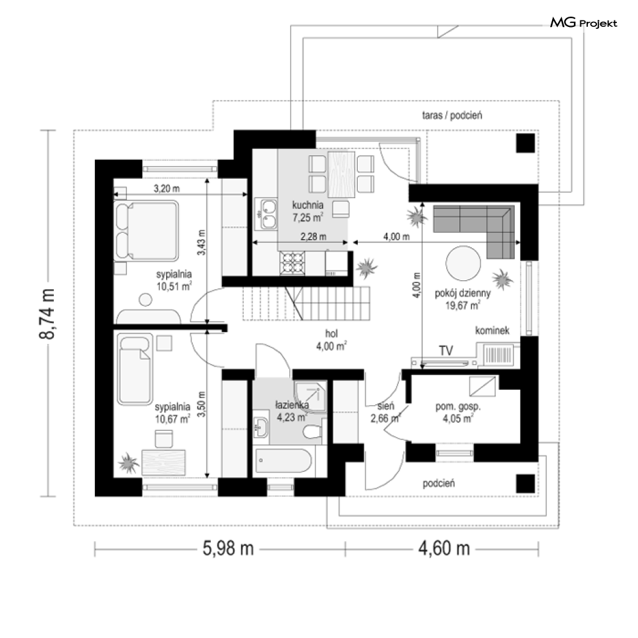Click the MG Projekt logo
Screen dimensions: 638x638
[x=583, y=22]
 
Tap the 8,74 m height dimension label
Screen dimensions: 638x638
[x=47, y=314]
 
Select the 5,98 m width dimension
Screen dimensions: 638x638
[x=228, y=548]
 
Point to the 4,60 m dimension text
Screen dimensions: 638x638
[x=444, y=548]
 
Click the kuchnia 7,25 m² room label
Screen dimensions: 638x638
[x=308, y=211]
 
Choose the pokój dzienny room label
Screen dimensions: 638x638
[x=463, y=299]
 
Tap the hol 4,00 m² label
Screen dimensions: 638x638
[x=332, y=340]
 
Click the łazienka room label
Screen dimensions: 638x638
[x=292, y=411]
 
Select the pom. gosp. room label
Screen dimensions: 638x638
[x=458, y=412]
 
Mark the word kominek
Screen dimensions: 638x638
[x=492, y=330]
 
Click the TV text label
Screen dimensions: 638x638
[x=446, y=350]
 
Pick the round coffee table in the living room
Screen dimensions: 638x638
[x=463, y=264]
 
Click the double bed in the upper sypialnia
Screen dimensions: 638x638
[x=146, y=230]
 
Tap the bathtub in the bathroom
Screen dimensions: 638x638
[x=283, y=460]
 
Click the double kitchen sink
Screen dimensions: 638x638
[x=265, y=214]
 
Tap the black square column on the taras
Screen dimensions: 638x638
[x=525, y=143]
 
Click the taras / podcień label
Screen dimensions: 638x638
[x=452, y=115]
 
